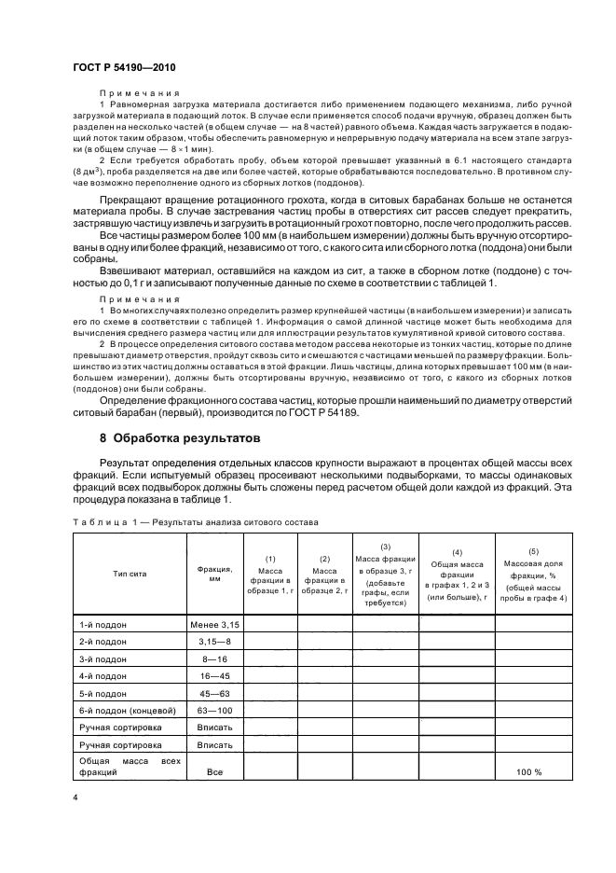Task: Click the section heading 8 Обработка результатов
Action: pyautogui.click(x=185, y=437)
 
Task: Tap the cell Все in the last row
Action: pyautogui.click(x=214, y=772)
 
